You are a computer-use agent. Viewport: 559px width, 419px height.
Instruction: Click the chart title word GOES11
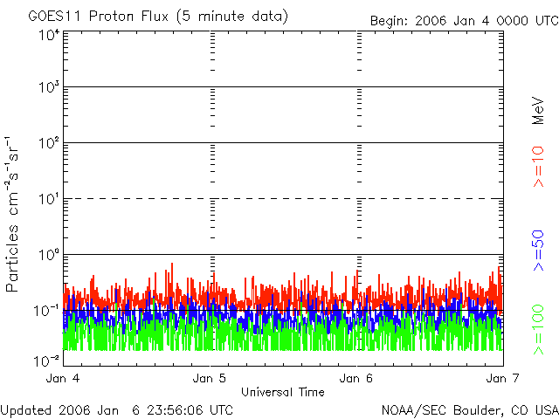pyautogui.click(x=54, y=17)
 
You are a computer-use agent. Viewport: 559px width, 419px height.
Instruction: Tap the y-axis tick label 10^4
pyautogui.click(x=48, y=35)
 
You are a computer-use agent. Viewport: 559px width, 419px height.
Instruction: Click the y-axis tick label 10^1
pyautogui.click(x=48, y=199)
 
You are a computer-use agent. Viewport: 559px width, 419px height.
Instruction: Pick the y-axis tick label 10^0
pyautogui.click(x=48, y=255)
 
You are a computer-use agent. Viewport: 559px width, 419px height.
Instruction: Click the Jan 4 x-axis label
pyautogui.click(x=64, y=379)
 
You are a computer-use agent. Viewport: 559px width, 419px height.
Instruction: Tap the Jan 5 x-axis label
pyautogui.click(x=210, y=379)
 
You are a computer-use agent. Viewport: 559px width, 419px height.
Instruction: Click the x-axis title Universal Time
pyautogui.click(x=282, y=392)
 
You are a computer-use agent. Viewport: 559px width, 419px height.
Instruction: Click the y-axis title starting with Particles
pyautogui.click(x=15, y=215)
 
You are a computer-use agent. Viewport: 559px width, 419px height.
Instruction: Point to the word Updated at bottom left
pyautogui.click(x=26, y=409)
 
